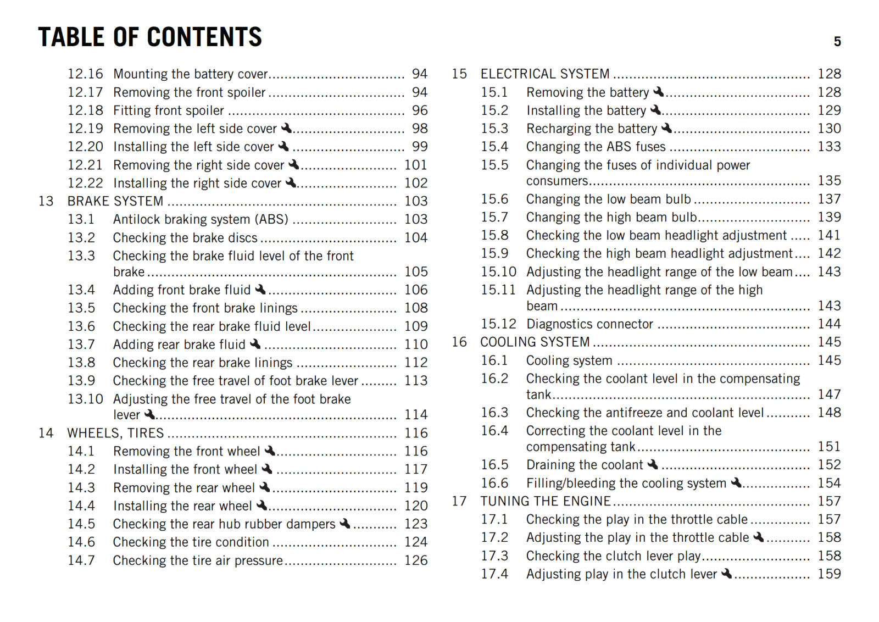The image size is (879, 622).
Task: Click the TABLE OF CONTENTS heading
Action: pyautogui.click(x=150, y=37)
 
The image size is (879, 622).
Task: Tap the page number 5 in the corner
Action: pyautogui.click(x=837, y=42)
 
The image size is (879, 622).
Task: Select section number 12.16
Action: pyautogui.click(x=85, y=74)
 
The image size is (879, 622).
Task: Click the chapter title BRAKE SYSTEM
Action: pyautogui.click(x=115, y=202)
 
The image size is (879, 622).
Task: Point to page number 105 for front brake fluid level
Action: pyautogui.click(x=416, y=272)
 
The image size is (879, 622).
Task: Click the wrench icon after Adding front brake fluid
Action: pyautogui.click(x=260, y=290)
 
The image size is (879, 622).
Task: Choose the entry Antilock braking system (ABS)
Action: pyautogui.click(x=201, y=220)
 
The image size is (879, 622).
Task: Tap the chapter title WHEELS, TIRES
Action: pyautogui.click(x=115, y=434)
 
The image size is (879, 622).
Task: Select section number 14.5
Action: pyautogui.click(x=81, y=524)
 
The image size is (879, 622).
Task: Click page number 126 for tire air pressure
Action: pyautogui.click(x=416, y=560)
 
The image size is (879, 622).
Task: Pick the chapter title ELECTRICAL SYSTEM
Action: pyautogui.click(x=545, y=74)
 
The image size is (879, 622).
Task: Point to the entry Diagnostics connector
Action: pyautogui.click(x=589, y=324)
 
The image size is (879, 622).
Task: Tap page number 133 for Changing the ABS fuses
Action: pyautogui.click(x=829, y=147)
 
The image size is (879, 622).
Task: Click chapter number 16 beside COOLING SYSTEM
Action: pyautogui.click(x=459, y=342)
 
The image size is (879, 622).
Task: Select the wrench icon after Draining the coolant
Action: pyautogui.click(x=653, y=465)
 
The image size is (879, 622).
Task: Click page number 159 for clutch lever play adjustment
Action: pyautogui.click(x=829, y=574)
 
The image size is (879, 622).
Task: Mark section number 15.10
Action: pyautogui.click(x=499, y=272)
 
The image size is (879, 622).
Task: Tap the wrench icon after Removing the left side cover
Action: pyautogui.click(x=286, y=129)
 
